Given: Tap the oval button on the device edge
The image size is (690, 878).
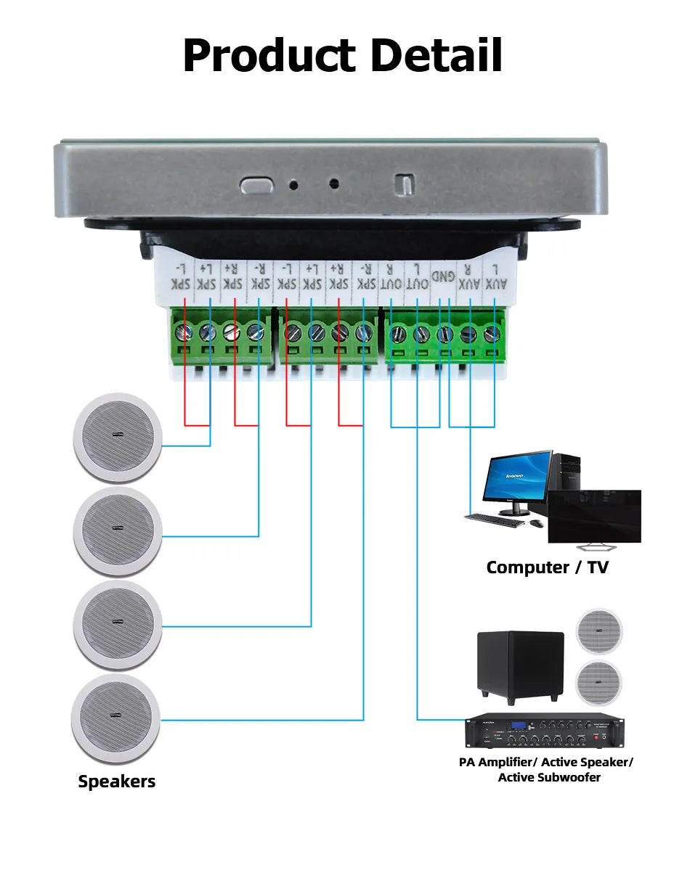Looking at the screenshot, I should pos(256,185).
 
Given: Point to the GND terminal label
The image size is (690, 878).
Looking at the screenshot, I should pos(443,276).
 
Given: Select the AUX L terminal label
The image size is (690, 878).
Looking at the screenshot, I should pos(495,276).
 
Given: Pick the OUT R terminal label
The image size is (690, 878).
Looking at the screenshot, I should pos(391,276).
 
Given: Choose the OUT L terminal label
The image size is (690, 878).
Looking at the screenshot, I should pos(417,276).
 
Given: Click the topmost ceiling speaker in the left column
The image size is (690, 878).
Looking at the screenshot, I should pos(117,437).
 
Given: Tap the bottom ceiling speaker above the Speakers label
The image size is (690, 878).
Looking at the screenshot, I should pos(115,718).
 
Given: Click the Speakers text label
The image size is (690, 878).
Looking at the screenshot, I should pos(116,781).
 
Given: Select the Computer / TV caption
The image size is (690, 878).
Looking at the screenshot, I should pos(547,567).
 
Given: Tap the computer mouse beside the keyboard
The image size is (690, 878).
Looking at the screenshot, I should pos(537,522).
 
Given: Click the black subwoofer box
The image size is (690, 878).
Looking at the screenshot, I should pos(520,665).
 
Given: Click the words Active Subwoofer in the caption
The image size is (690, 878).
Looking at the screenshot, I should pos(549,778).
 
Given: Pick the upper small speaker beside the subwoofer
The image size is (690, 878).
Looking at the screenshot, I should pos(599,631).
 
